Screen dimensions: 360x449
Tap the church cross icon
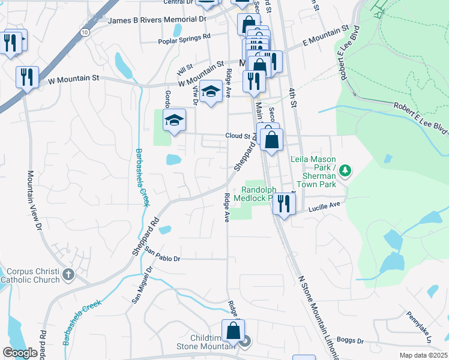pyautogui.click(x=68, y=275)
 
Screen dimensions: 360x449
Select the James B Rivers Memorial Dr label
pyautogui.click(x=157, y=20)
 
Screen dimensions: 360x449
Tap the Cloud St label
pyautogui.click(x=237, y=136)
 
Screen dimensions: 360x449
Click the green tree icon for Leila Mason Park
pyautogui.click(x=345, y=172)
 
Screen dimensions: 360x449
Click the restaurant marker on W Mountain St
pyautogui.click(x=27, y=77)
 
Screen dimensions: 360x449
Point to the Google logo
pyautogui.click(x=20, y=353)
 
